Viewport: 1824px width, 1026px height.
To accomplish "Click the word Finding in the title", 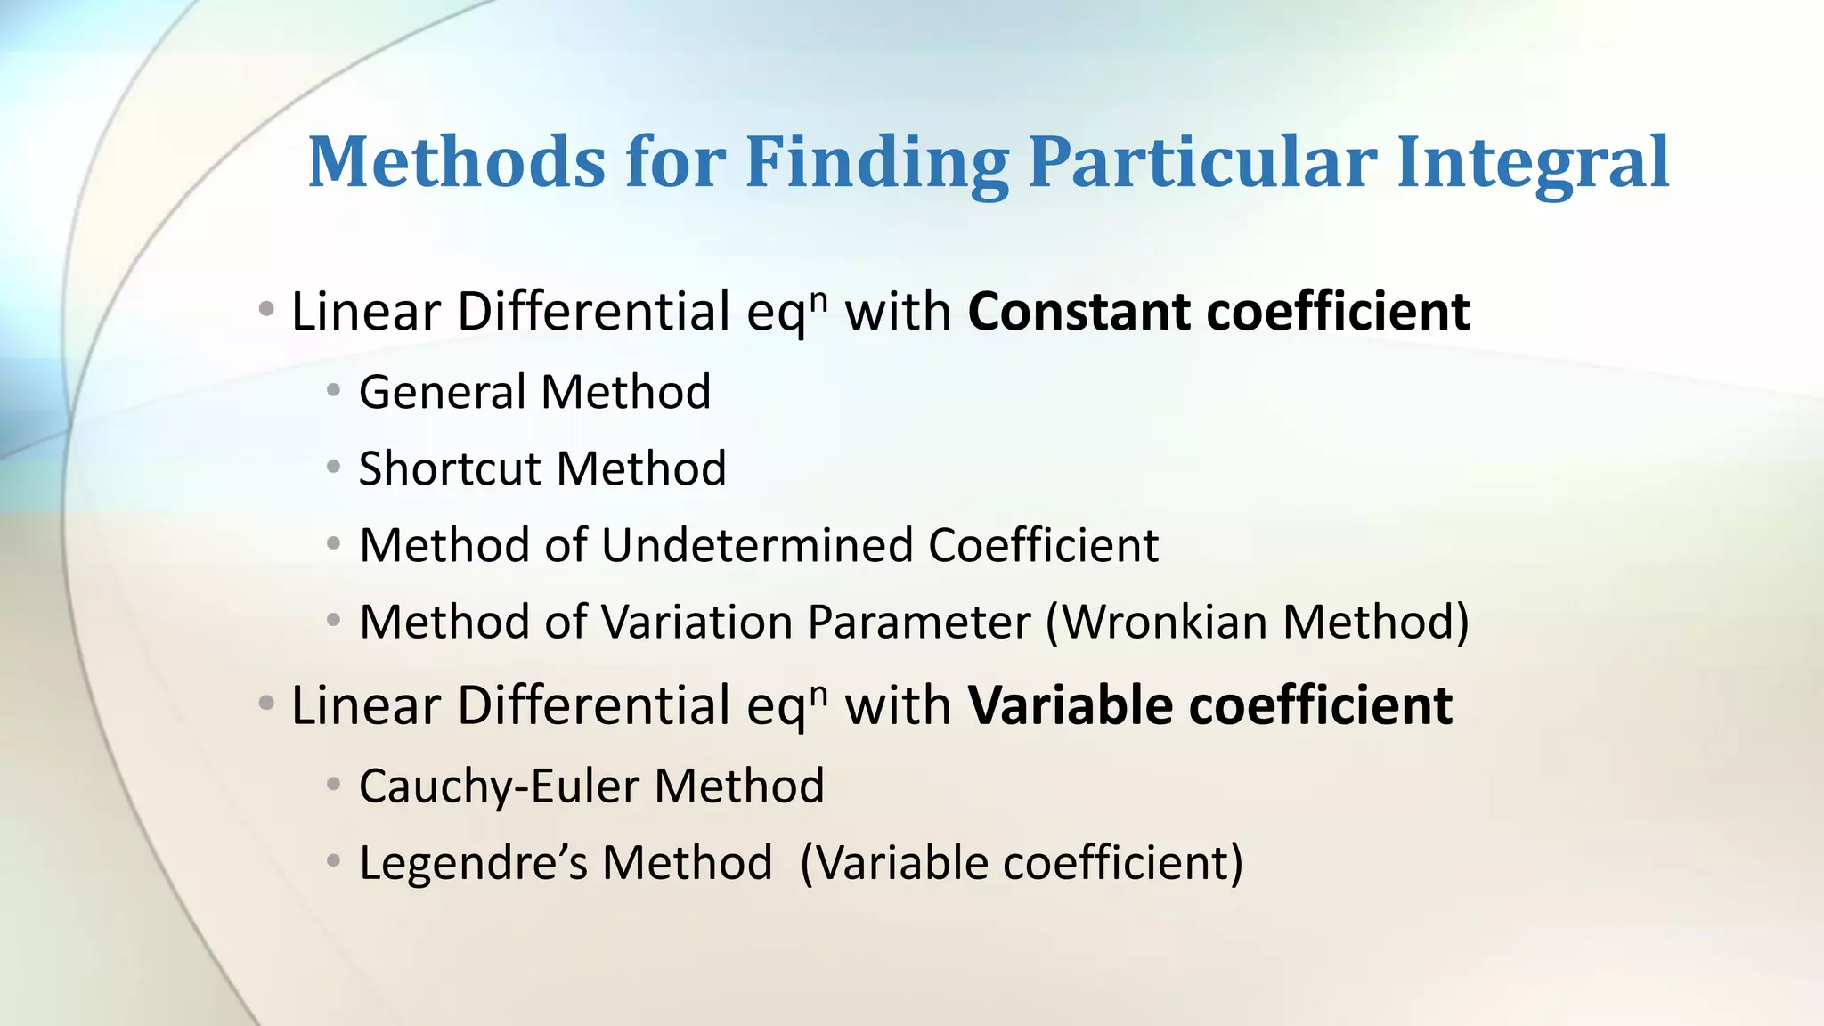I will tap(876, 164).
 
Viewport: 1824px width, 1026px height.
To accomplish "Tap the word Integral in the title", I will tap(1533, 164).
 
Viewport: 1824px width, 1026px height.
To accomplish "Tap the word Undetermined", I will tap(758, 545).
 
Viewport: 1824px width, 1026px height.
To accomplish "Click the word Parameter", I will tap(918, 622).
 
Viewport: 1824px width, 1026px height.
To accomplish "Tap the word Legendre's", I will tap(473, 863).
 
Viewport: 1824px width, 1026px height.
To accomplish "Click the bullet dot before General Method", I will tap(333, 390).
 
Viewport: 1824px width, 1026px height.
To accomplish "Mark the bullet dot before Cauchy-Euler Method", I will tap(333, 785).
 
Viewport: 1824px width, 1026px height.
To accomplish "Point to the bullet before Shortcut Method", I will tap(333, 467).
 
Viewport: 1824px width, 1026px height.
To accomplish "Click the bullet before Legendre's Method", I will tap(333, 861).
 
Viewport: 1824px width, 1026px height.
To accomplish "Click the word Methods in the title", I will tap(456, 164).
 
